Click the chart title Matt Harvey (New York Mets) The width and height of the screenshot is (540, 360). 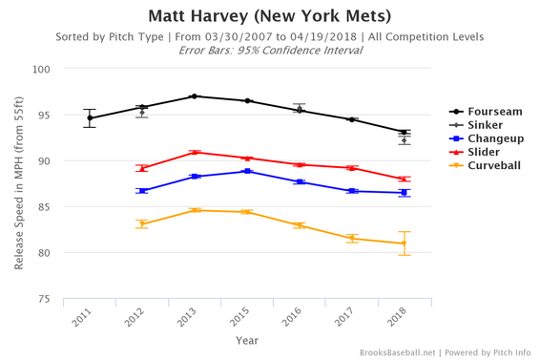tap(270, 16)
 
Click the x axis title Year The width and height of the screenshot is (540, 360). tap(246, 339)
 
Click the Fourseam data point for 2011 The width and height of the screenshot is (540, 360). tap(90, 118)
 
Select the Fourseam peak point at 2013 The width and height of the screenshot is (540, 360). tap(195, 96)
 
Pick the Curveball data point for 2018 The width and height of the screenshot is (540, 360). tap(404, 244)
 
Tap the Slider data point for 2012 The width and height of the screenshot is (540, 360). tap(142, 168)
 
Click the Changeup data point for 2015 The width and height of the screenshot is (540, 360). tap(247, 171)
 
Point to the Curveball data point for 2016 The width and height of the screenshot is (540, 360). tap(299, 225)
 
